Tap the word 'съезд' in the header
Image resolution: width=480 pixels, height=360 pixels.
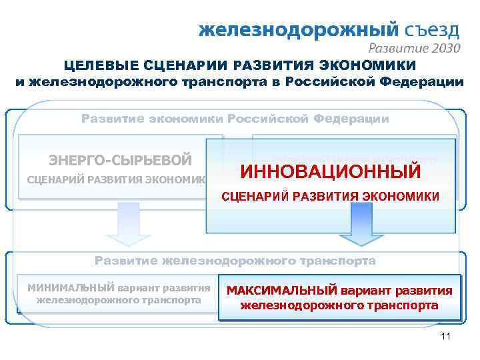pyautogui.click(x=432, y=30)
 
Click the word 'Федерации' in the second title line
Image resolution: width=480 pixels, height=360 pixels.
pyautogui.click(x=425, y=82)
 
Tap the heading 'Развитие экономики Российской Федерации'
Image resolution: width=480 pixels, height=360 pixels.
pyautogui.click(x=235, y=119)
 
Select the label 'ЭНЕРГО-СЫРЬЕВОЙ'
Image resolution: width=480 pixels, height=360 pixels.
pyautogui.click(x=121, y=160)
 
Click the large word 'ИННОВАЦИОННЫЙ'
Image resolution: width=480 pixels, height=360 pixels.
pyautogui.click(x=330, y=171)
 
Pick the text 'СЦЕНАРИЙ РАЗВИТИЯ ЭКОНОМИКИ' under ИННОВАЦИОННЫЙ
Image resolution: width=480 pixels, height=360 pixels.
pyautogui.click(x=330, y=197)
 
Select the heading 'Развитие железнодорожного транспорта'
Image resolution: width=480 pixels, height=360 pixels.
pyautogui.click(x=235, y=261)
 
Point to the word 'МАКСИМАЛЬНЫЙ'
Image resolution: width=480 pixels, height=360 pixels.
pyautogui.click(x=283, y=291)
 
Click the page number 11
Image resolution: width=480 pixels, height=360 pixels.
pyautogui.click(x=446, y=337)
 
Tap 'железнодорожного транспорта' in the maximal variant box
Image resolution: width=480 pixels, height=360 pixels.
pyautogui.click(x=339, y=307)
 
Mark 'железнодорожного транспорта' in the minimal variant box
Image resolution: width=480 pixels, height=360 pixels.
pyautogui.click(x=119, y=300)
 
